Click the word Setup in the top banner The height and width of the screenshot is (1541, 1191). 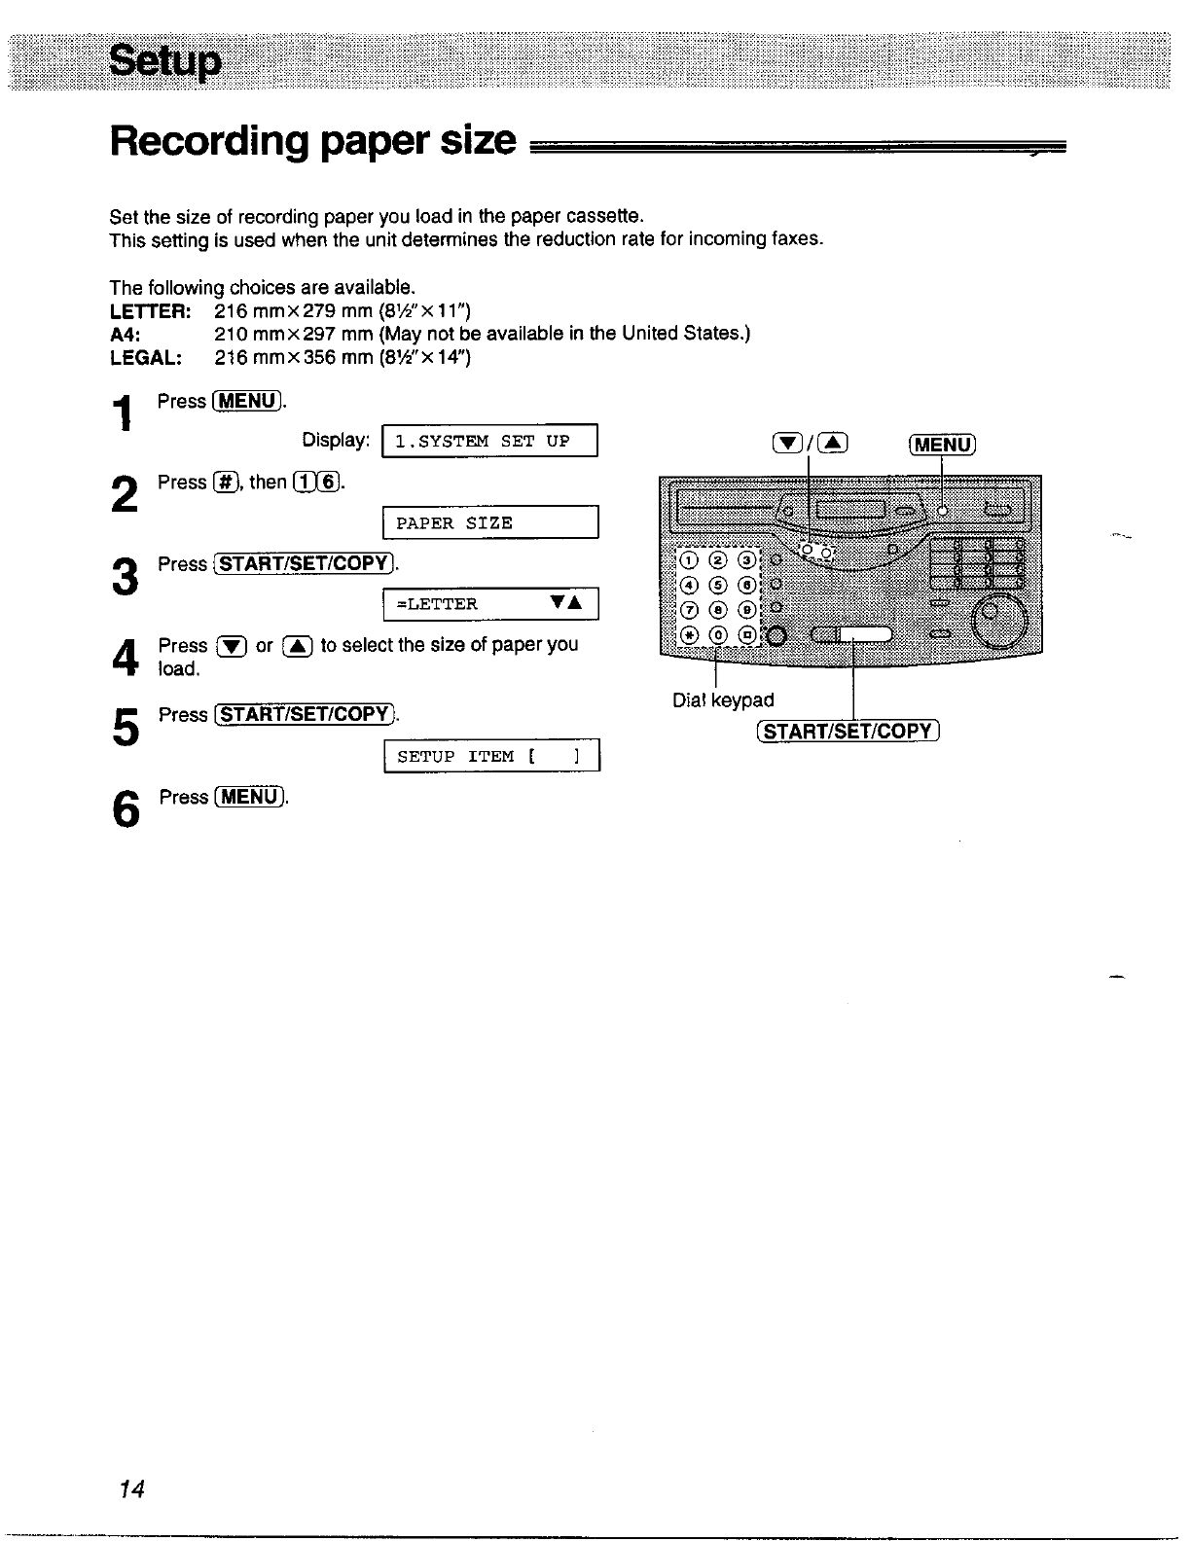pyautogui.click(x=165, y=62)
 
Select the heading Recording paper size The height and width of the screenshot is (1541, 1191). pyautogui.click(x=312, y=142)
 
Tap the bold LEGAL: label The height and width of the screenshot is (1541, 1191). pyautogui.click(x=146, y=357)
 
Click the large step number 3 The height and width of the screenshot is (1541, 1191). pyautogui.click(x=124, y=576)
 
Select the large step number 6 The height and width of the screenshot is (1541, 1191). pyautogui.click(x=124, y=809)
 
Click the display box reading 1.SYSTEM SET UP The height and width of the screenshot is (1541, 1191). pyautogui.click(x=489, y=441)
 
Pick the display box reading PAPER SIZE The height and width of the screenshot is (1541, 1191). pyautogui.click(x=489, y=522)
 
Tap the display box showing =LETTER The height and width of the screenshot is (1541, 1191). pyautogui.click(x=489, y=604)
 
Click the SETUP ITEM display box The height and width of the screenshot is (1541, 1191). pyautogui.click(x=491, y=756)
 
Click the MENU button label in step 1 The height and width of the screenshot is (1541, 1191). pyautogui.click(x=247, y=401)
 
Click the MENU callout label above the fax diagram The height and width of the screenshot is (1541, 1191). pyautogui.click(x=942, y=445)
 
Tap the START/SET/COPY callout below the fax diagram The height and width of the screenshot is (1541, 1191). pyautogui.click(x=847, y=731)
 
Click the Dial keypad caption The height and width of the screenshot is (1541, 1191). pyautogui.click(x=723, y=699)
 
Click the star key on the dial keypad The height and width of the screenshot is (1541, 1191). pyautogui.click(x=689, y=635)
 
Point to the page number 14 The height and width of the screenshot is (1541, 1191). pyautogui.click(x=131, y=1489)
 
